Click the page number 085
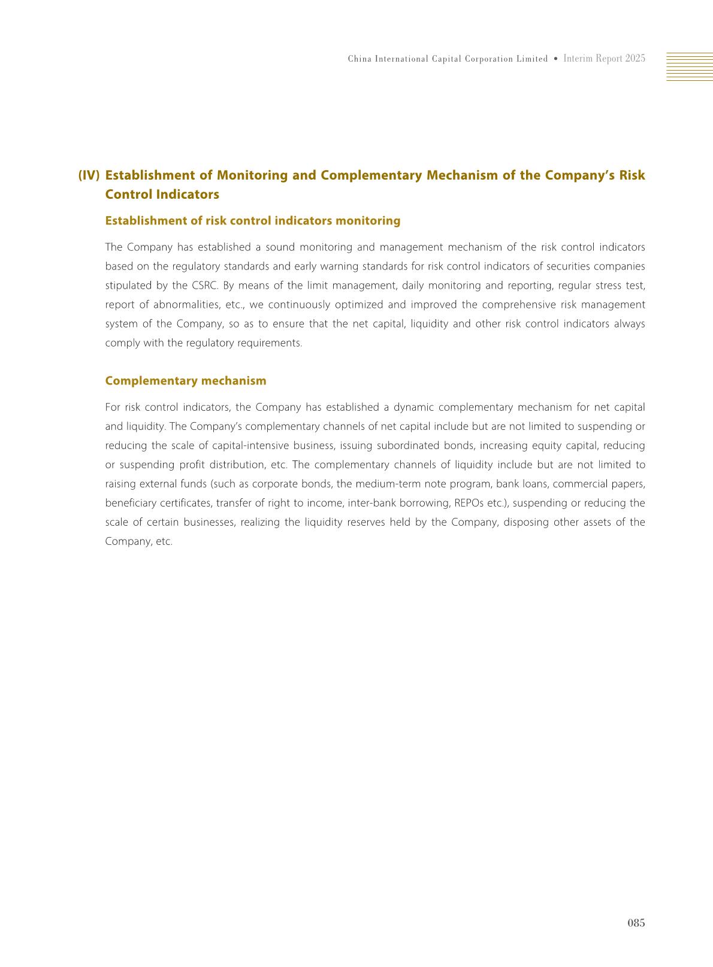click(636, 923)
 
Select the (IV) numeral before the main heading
click(89, 175)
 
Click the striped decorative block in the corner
click(689, 66)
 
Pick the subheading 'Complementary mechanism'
click(186, 381)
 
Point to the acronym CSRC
click(204, 286)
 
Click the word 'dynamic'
click(413, 407)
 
